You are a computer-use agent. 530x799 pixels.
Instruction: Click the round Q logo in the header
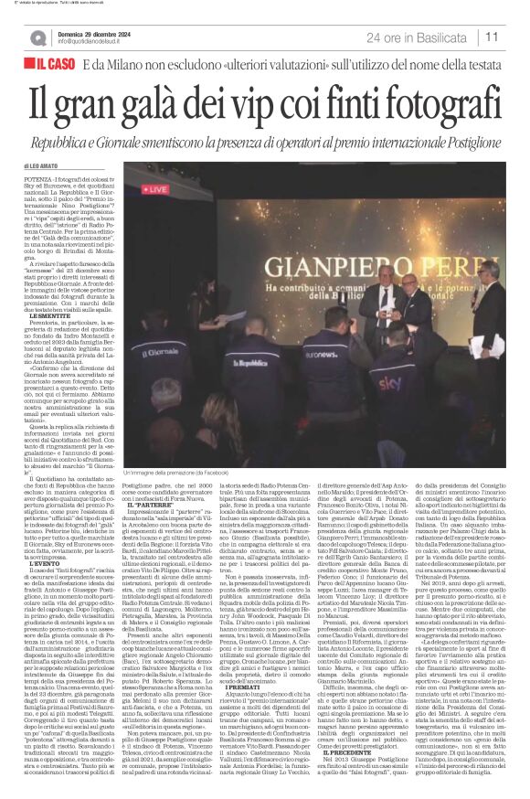click(x=37, y=37)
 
